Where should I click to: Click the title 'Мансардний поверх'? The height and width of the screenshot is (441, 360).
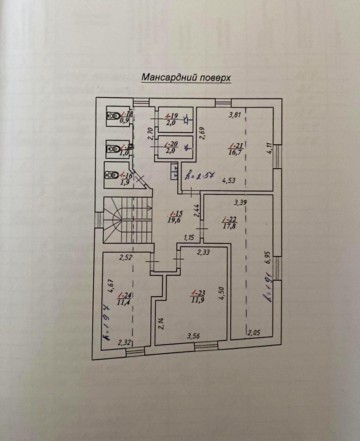point(186,78)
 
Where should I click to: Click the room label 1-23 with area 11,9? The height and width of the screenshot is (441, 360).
point(198,296)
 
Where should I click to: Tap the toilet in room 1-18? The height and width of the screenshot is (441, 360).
point(114,116)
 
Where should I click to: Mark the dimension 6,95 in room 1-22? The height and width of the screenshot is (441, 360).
point(267,257)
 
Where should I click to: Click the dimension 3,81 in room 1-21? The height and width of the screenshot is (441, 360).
point(234,115)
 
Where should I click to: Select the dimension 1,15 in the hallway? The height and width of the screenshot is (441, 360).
point(189,237)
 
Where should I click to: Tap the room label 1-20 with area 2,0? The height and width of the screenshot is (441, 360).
point(171,148)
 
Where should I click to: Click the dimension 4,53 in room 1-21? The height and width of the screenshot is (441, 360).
point(230,180)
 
